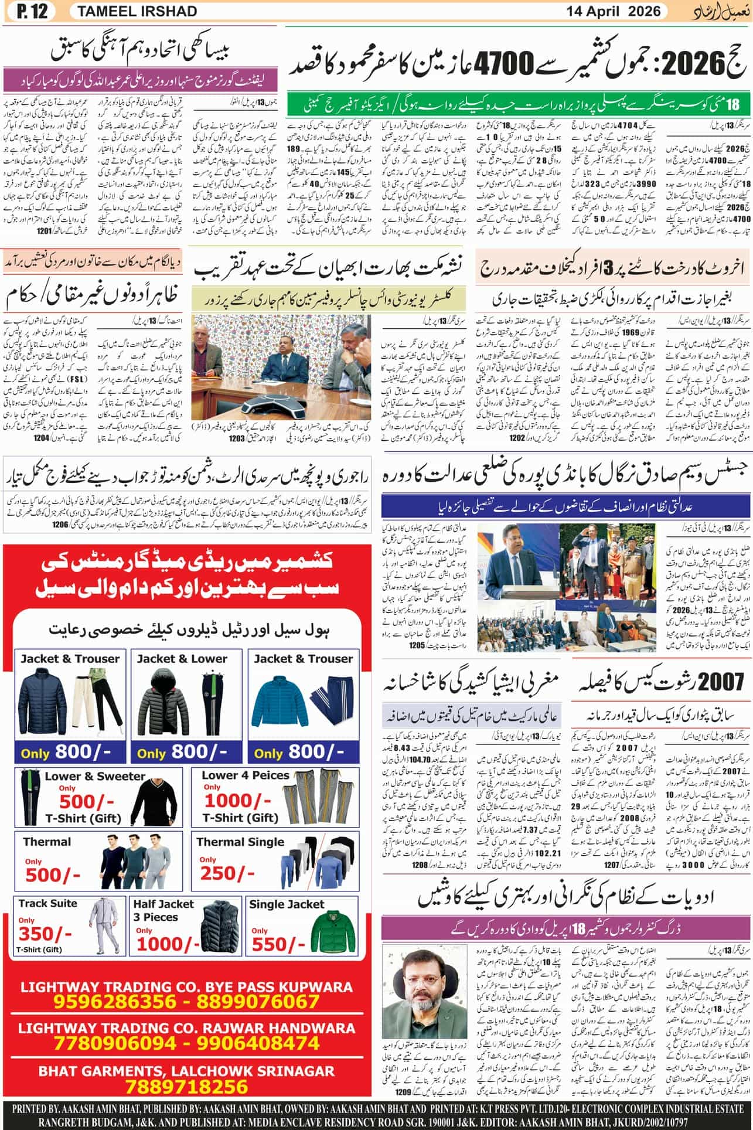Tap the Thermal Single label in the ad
click(240, 842)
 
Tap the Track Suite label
click(47, 903)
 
